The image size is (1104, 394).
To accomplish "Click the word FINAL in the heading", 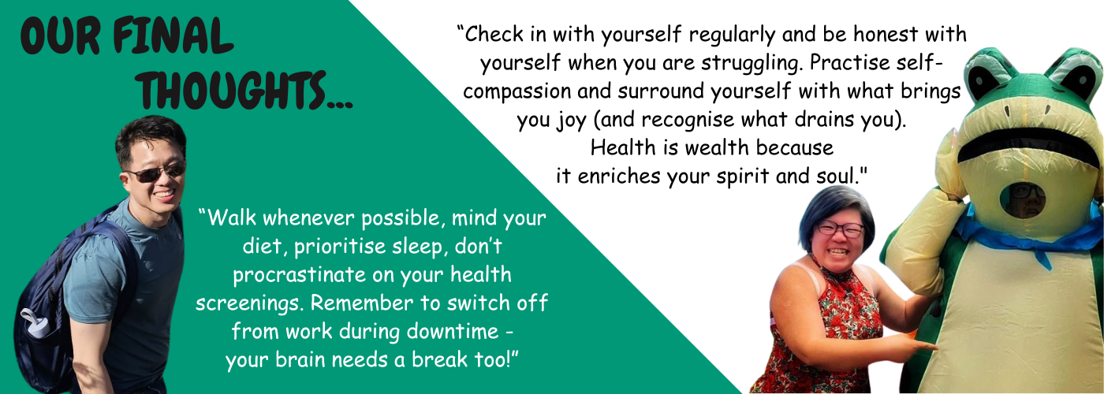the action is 173,36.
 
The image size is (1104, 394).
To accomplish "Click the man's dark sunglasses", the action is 157,172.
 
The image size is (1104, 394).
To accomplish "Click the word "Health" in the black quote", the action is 623,147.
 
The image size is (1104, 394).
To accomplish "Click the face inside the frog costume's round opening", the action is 1027,200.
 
